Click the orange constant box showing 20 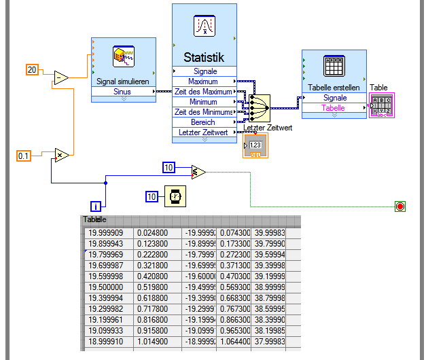point(33,69)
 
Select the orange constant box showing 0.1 point(24,156)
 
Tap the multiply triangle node point(61,155)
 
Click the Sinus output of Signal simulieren point(123,91)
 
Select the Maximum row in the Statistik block point(205,82)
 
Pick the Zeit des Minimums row point(204,112)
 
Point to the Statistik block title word point(204,57)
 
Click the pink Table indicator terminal point(381,106)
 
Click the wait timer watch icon point(175,197)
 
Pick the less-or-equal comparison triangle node point(198,172)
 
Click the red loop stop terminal point(400,206)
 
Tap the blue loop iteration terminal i point(96,206)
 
